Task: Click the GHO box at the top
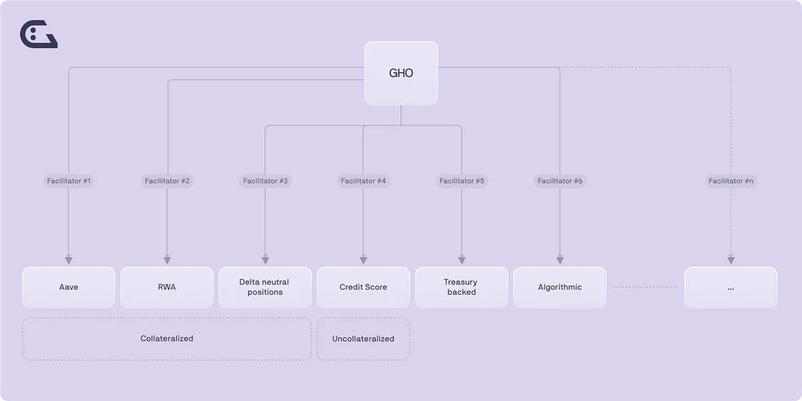[x=401, y=73]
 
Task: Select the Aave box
[x=69, y=287]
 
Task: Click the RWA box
[x=167, y=287]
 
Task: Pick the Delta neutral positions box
[x=265, y=287]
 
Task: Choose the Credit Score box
[x=364, y=287]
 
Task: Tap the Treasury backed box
[x=462, y=287]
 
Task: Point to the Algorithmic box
[x=559, y=287]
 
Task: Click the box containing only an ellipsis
[x=730, y=287]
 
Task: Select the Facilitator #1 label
[x=69, y=181]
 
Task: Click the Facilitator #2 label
[x=167, y=181]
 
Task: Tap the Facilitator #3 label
[x=265, y=181]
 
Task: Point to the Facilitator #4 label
[x=364, y=181]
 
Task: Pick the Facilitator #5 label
[x=462, y=181]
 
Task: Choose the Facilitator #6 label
[x=560, y=181]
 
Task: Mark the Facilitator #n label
[x=731, y=181]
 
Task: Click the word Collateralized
[x=167, y=338]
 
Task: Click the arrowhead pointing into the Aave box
[x=69, y=260]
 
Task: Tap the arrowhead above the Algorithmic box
[x=560, y=260]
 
